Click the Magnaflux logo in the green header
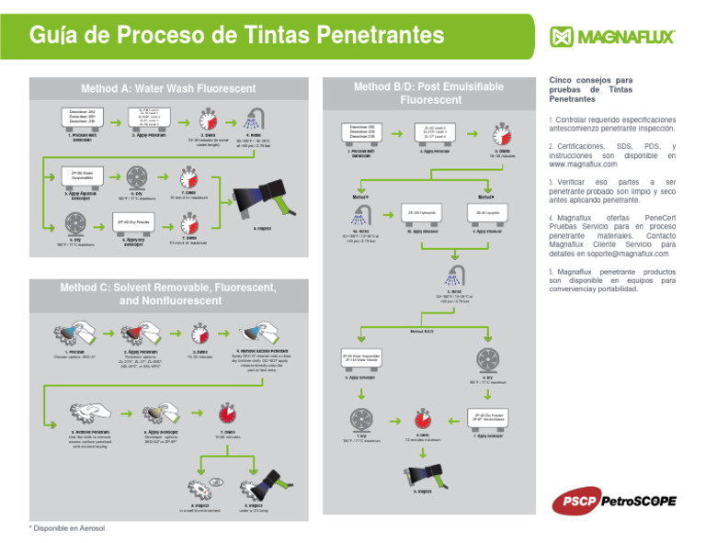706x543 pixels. (613, 37)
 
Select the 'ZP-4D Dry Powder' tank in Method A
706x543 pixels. (134, 222)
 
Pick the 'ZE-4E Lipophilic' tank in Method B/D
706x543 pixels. (486, 212)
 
